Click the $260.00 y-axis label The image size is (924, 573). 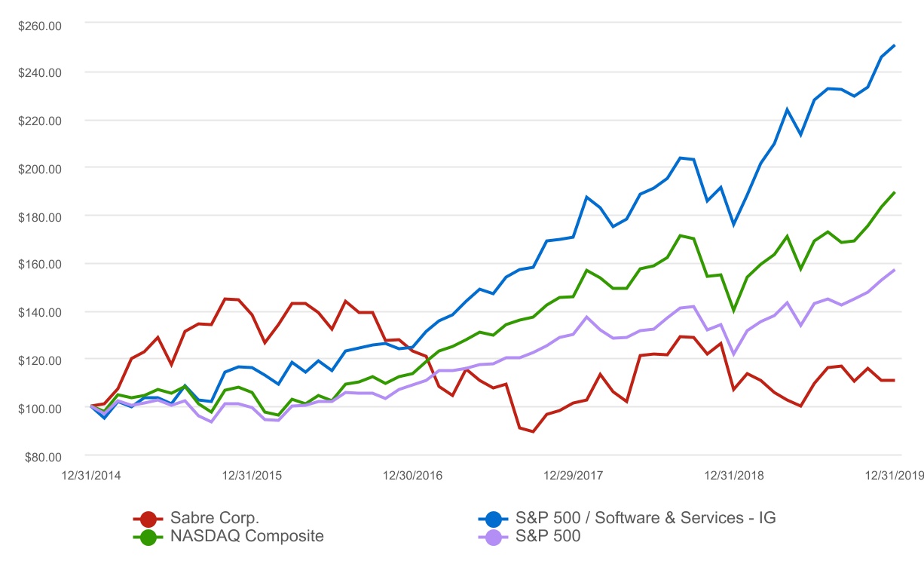(x=39, y=24)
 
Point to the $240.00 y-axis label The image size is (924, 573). (x=39, y=72)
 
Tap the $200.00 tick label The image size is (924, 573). (x=39, y=168)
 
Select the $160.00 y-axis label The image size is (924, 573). (x=39, y=264)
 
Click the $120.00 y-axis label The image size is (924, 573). (x=39, y=360)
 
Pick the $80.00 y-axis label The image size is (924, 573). (x=42, y=456)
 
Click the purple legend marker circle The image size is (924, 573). (x=494, y=537)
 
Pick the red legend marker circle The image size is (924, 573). (x=148, y=519)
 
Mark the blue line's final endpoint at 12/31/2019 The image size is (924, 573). (x=895, y=45)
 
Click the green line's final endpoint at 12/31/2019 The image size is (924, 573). (x=895, y=192)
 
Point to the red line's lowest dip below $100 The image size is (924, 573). (x=533, y=431)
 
